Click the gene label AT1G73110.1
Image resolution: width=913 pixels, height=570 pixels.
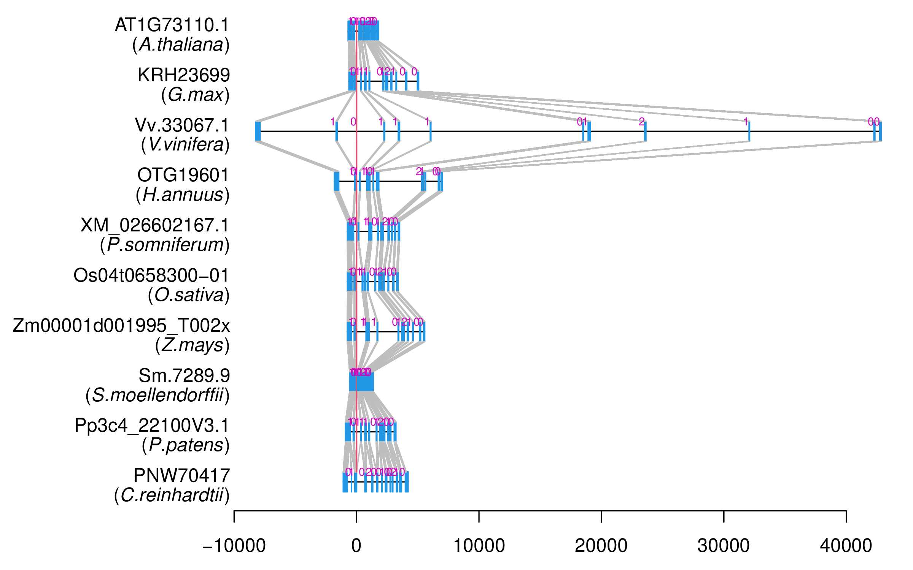click(172, 25)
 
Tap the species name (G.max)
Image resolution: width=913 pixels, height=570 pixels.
click(195, 95)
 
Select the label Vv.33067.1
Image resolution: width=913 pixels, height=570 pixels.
click(182, 125)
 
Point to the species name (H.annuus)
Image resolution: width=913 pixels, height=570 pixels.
click(183, 195)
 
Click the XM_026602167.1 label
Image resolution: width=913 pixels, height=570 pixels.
click(155, 225)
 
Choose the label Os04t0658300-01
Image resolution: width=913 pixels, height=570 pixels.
click(151, 275)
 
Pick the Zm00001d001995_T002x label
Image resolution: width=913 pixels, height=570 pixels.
click(121, 325)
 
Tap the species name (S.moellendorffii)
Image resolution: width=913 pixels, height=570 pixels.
click(157, 395)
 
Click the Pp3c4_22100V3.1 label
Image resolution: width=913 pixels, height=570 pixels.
click(152, 425)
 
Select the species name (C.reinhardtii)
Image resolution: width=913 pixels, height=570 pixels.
click(172, 495)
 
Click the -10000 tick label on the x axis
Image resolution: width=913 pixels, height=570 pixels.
click(234, 546)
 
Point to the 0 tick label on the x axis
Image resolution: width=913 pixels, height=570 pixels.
click(356, 546)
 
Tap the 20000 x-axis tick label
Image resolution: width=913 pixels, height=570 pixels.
click(601, 546)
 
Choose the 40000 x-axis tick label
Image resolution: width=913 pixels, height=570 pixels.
click(846, 546)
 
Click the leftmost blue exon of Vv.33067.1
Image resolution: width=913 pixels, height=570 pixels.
click(258, 131)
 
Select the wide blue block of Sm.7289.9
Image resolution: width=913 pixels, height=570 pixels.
click(361, 382)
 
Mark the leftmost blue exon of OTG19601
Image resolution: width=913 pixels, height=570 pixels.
click(336, 182)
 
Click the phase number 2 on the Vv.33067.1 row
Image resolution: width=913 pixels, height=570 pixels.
click(641, 122)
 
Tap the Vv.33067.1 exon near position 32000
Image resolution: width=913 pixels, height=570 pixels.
click(749, 131)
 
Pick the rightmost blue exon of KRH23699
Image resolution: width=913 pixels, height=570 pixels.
click(418, 81)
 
